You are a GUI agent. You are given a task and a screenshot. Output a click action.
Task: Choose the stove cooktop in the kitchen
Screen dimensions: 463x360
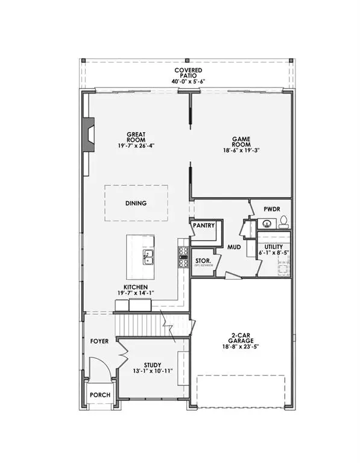pos(183,256)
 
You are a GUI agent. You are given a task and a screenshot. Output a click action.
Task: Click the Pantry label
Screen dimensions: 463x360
pos(204,225)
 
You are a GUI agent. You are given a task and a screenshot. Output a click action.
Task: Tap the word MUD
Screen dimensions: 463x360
pos(234,247)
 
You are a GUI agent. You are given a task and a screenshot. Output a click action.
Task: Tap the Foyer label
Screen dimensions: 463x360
pos(99,341)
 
